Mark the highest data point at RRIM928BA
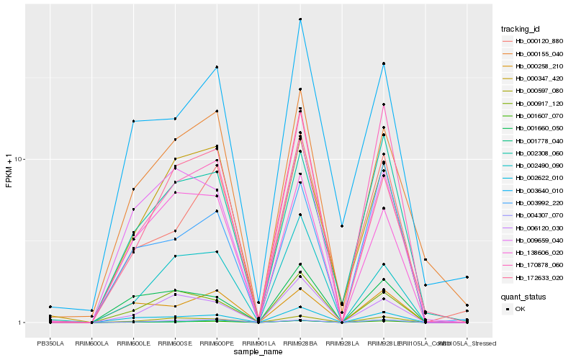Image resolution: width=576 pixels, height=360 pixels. (300, 19)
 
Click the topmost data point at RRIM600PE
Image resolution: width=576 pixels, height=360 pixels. (217, 67)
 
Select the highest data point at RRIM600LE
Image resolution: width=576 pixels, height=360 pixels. (134, 121)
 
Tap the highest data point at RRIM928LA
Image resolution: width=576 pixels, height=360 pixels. (342, 226)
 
